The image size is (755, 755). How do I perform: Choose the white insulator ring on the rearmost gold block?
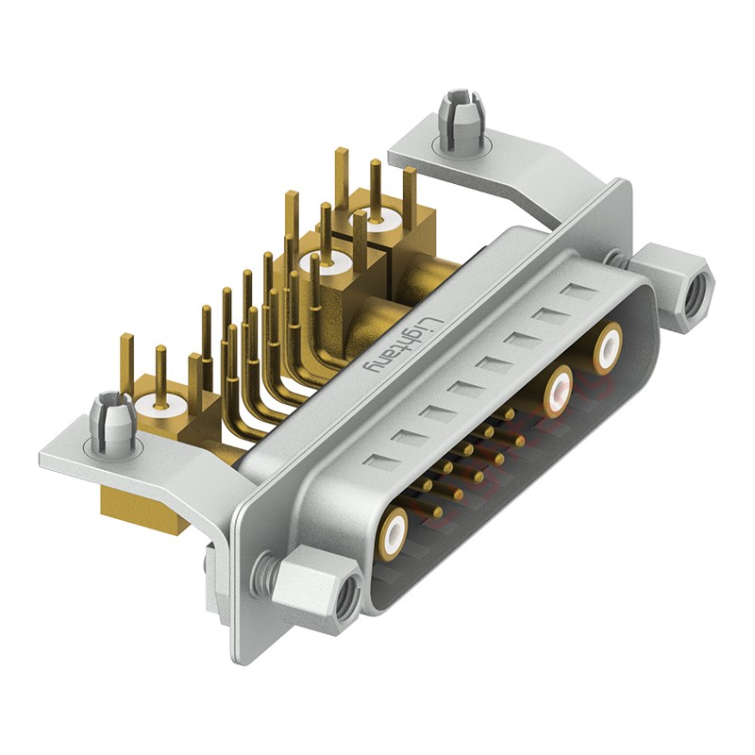[374, 224]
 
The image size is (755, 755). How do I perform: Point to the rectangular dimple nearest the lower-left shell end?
[376, 461]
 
